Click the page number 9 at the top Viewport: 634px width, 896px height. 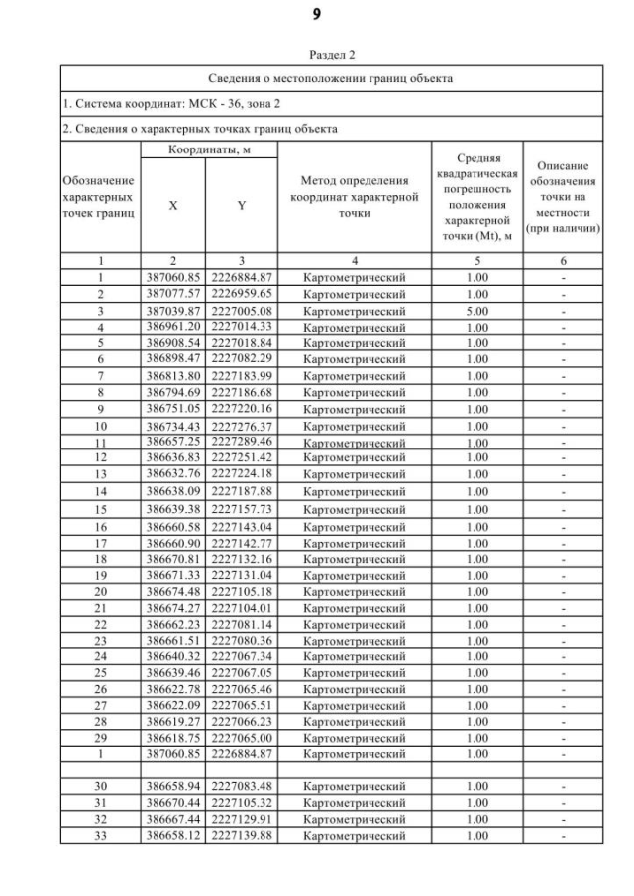click(317, 14)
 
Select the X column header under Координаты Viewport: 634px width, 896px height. click(173, 206)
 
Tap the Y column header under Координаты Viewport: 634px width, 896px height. click(241, 206)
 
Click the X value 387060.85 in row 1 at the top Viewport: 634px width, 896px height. click(173, 277)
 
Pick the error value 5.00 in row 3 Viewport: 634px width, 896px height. click(476, 310)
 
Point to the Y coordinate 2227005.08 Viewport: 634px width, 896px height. click(241, 310)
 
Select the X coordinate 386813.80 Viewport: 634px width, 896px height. click(173, 375)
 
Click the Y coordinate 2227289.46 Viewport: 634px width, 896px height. click(241, 442)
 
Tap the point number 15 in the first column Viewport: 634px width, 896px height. click(101, 509)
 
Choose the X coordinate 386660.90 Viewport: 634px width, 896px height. click(173, 543)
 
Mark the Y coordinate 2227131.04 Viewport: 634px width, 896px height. click(241, 575)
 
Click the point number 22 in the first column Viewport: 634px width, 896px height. click(101, 624)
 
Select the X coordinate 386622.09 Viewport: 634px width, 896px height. click(173, 705)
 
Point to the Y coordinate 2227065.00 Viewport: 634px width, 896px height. click(241, 738)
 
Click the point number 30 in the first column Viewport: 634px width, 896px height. click(101, 786)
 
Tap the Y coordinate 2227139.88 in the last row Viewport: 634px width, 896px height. click(241, 835)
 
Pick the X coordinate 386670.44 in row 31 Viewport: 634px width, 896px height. click(173, 802)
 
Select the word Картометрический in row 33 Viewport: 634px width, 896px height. click(354, 835)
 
